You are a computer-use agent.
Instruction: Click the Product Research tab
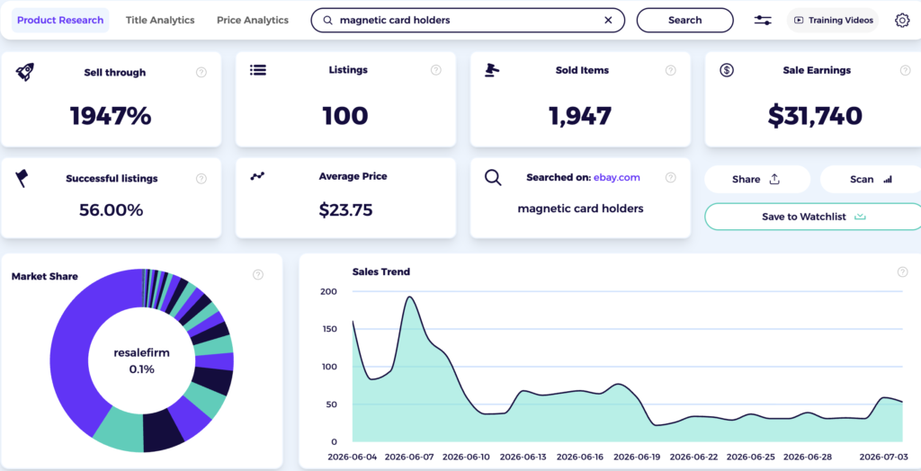[x=60, y=20]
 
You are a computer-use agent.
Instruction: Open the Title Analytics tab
[x=160, y=20]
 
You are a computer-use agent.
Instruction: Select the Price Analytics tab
[x=253, y=20]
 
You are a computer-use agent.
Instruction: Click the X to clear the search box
[x=608, y=20]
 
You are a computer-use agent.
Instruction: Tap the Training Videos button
[x=832, y=20]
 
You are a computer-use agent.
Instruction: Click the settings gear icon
[x=901, y=20]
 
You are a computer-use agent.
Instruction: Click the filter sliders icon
[x=763, y=20]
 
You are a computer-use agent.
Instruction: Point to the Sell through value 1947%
[x=111, y=116]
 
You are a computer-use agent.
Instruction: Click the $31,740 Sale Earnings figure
[x=815, y=116]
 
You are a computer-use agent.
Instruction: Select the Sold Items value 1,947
[x=580, y=116]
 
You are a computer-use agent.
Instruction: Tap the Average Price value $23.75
[x=345, y=209]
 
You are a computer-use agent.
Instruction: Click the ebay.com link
[x=617, y=177]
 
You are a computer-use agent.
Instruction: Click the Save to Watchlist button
[x=813, y=217]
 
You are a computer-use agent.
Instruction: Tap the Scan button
[x=871, y=179]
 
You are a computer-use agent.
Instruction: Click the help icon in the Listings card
[x=436, y=70]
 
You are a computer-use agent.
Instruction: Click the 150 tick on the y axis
[x=328, y=329]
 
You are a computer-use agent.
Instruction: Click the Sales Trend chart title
[x=381, y=271]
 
